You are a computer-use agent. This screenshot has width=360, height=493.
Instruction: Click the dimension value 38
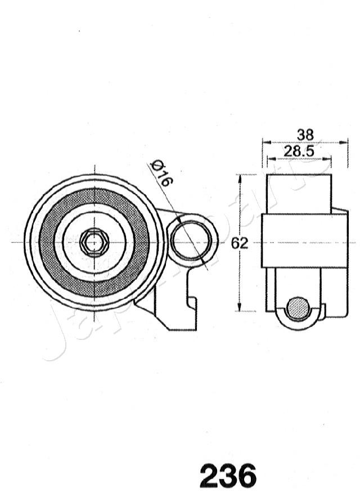305,135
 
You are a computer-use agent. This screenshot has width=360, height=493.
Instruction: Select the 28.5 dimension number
298,151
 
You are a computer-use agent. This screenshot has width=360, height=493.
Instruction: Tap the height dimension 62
240,244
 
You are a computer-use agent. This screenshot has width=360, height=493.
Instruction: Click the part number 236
228,476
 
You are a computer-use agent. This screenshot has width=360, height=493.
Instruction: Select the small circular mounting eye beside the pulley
191,240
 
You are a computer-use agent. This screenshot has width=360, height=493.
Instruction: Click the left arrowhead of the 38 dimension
265,142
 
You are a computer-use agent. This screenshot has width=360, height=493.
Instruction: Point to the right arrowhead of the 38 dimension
345,142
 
